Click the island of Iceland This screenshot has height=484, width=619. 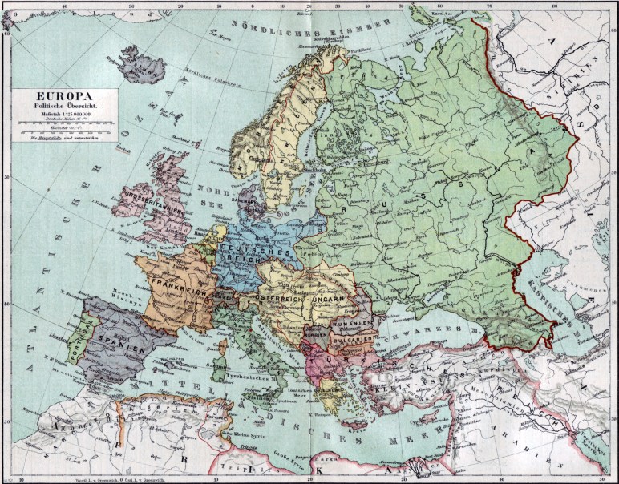click(140, 62)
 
